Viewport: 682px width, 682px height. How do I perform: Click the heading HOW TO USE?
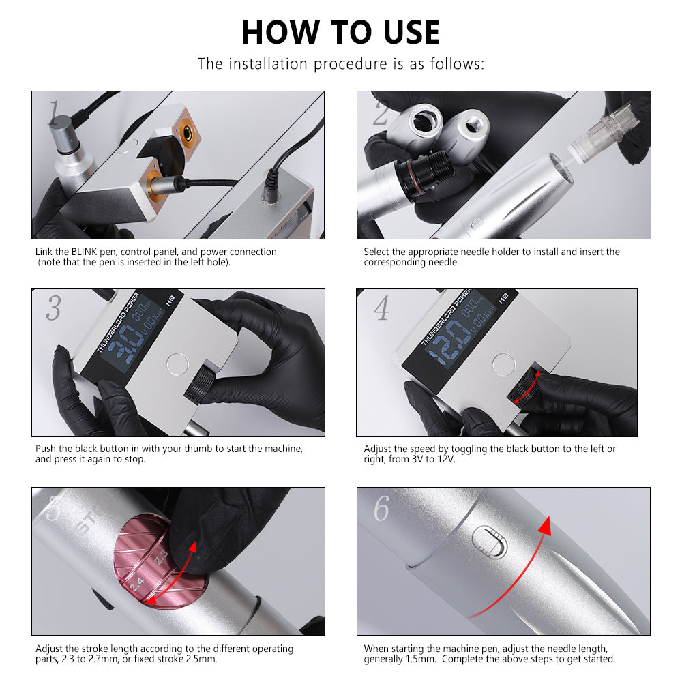340,32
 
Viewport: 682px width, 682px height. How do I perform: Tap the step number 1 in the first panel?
53,113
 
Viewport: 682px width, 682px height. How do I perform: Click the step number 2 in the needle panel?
381,113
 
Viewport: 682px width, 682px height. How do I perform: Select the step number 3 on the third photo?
53,308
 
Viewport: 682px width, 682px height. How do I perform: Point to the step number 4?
381,308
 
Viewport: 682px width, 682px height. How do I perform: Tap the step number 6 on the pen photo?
381,508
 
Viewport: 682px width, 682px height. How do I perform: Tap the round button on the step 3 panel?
177,364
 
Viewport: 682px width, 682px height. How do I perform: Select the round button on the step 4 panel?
504,364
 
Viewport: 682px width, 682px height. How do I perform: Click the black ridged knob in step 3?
200,383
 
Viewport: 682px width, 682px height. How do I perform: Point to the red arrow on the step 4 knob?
528,387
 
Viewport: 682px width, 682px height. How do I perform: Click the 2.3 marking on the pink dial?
161,557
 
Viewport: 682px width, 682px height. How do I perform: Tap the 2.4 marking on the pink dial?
137,583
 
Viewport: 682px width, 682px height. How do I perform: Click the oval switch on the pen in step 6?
490,542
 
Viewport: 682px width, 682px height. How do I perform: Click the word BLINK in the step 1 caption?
85,252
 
